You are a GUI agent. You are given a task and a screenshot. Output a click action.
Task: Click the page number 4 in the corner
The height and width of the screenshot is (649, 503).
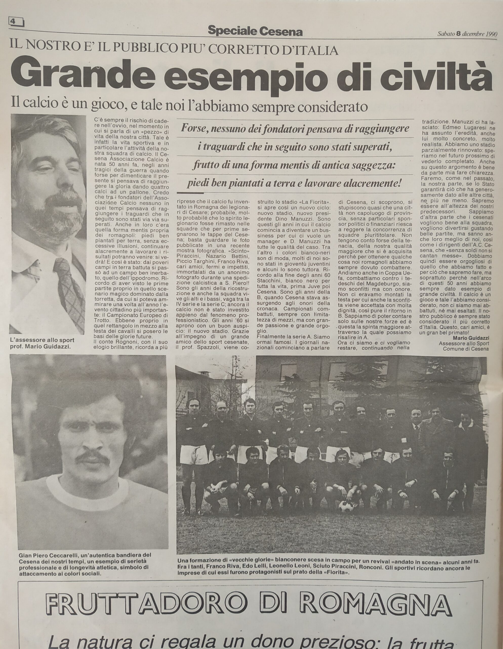(13, 21)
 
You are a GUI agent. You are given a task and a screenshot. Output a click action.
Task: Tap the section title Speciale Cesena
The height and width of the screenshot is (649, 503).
(255, 31)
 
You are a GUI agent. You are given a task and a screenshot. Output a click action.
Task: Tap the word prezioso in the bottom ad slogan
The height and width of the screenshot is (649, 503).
(334, 642)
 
